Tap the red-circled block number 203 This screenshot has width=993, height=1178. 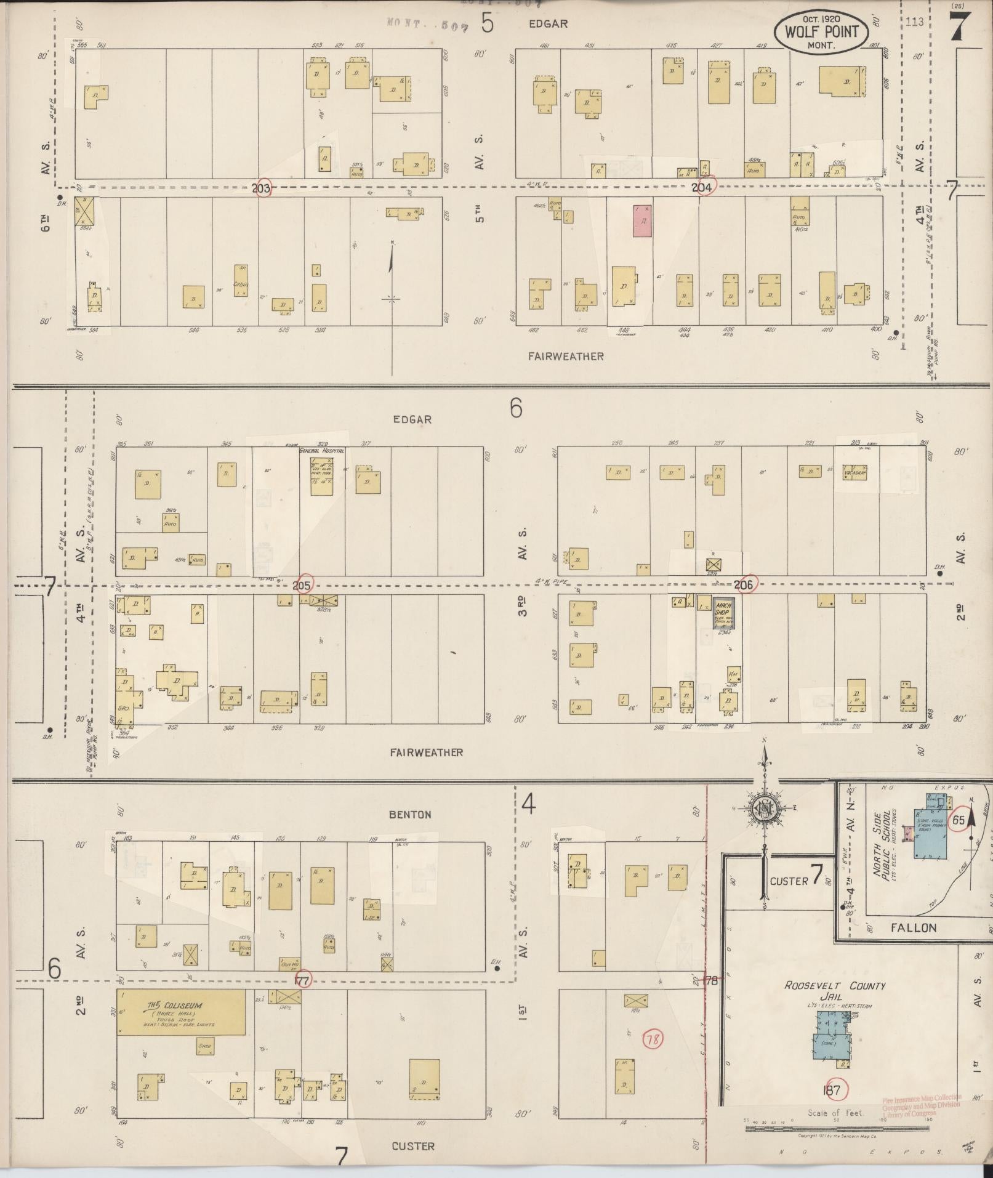click(x=262, y=188)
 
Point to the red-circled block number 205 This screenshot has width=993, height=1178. click(x=302, y=584)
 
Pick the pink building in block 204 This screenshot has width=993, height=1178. click(x=642, y=221)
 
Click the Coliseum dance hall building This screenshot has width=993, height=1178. click(x=181, y=1012)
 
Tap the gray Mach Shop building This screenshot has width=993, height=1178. click(x=723, y=613)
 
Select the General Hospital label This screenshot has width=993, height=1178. click(x=321, y=451)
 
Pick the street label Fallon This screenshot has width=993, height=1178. click(x=913, y=927)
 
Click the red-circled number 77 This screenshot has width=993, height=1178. click(x=302, y=980)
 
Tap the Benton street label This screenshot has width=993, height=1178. click(x=410, y=814)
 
